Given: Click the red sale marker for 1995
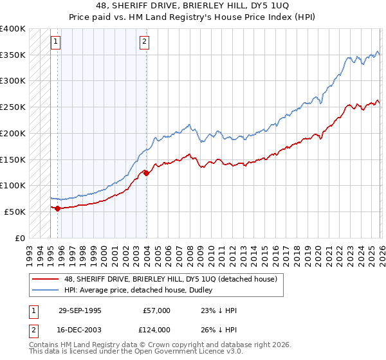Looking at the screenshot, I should click(58, 208).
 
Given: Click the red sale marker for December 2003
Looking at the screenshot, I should click(147, 173).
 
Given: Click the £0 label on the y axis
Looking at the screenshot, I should click(21, 238).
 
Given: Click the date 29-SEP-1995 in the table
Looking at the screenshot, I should click(79, 310).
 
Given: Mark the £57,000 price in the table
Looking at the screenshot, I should click(157, 310).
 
